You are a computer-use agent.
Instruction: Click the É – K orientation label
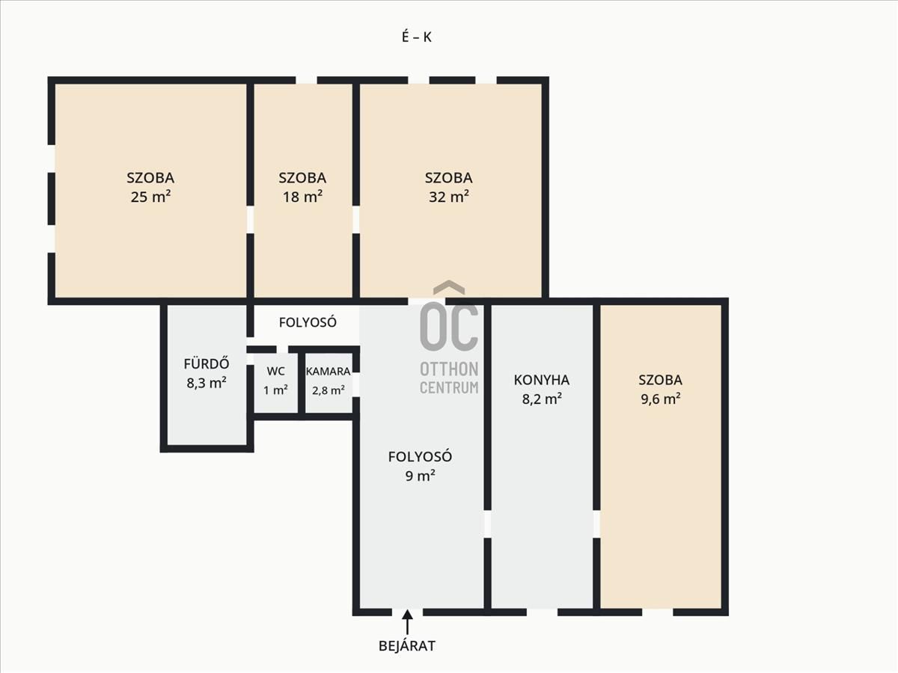pos(417,37)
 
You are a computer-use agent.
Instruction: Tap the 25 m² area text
pos(150,197)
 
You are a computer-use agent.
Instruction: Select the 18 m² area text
pos(302,197)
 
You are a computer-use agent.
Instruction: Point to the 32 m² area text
pos(448,197)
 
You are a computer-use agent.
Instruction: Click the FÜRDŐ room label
pos(207,363)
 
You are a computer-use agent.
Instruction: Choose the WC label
pos(275,372)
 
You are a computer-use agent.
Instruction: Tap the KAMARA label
pos(328,372)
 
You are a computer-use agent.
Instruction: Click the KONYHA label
pos(542,380)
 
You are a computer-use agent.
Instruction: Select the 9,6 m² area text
pos(660,399)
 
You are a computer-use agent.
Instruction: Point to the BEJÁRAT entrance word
pos(407,646)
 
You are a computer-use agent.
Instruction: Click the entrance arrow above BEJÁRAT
pos(407,622)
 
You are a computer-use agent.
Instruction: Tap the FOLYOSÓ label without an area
pos(308,322)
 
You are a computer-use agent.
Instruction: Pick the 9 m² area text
pos(420,476)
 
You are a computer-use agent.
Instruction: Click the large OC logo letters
pos(449,327)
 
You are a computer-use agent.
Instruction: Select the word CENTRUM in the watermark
pos(449,387)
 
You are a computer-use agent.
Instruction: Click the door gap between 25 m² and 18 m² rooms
pos(250,219)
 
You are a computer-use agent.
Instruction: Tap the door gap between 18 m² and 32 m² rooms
pos(356,219)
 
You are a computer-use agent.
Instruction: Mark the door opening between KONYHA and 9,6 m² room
pos(596,524)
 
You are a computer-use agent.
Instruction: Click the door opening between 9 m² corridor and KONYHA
pos(487,524)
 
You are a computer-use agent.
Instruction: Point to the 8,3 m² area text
pos(207,383)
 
